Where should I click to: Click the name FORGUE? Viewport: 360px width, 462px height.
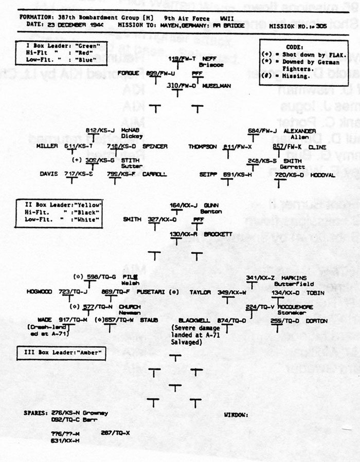coord(129,73)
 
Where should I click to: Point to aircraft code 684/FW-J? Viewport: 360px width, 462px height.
coord(262,130)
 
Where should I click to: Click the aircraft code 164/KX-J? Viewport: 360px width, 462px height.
coord(185,205)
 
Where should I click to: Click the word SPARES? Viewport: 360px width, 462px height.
coord(34,413)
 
